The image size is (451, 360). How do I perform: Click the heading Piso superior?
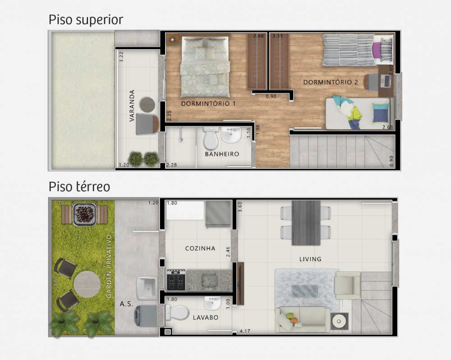pyautogui.click(x=86, y=20)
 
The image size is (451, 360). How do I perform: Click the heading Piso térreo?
pyautogui.click(x=79, y=186)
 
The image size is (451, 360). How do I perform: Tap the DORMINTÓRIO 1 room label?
pyautogui.click(x=208, y=104)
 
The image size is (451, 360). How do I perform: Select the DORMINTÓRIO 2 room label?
pyautogui.click(x=331, y=82)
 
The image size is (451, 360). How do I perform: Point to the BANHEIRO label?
pyautogui.click(x=222, y=154)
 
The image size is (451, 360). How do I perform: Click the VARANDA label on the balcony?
pyautogui.click(x=132, y=106)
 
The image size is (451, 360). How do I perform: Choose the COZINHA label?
pyautogui.click(x=200, y=248)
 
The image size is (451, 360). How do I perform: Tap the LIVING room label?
pyautogui.click(x=310, y=259)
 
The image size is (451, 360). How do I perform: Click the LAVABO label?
pyautogui.click(x=205, y=318)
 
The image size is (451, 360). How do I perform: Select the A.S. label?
pyautogui.click(x=127, y=304)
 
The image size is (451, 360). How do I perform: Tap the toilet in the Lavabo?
pyautogui.click(x=177, y=313)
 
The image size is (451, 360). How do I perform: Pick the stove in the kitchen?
pyautogui.click(x=176, y=280)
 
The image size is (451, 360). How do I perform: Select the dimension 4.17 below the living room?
pyautogui.click(x=245, y=331)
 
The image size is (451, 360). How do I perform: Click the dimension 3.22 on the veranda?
pyautogui.click(x=121, y=57)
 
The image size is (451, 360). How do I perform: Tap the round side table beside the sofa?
pyautogui.click(x=339, y=322)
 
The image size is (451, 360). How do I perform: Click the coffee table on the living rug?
pyautogui.click(x=304, y=291)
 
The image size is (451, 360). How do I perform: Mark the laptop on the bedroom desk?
pyautogui.click(x=386, y=81)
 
